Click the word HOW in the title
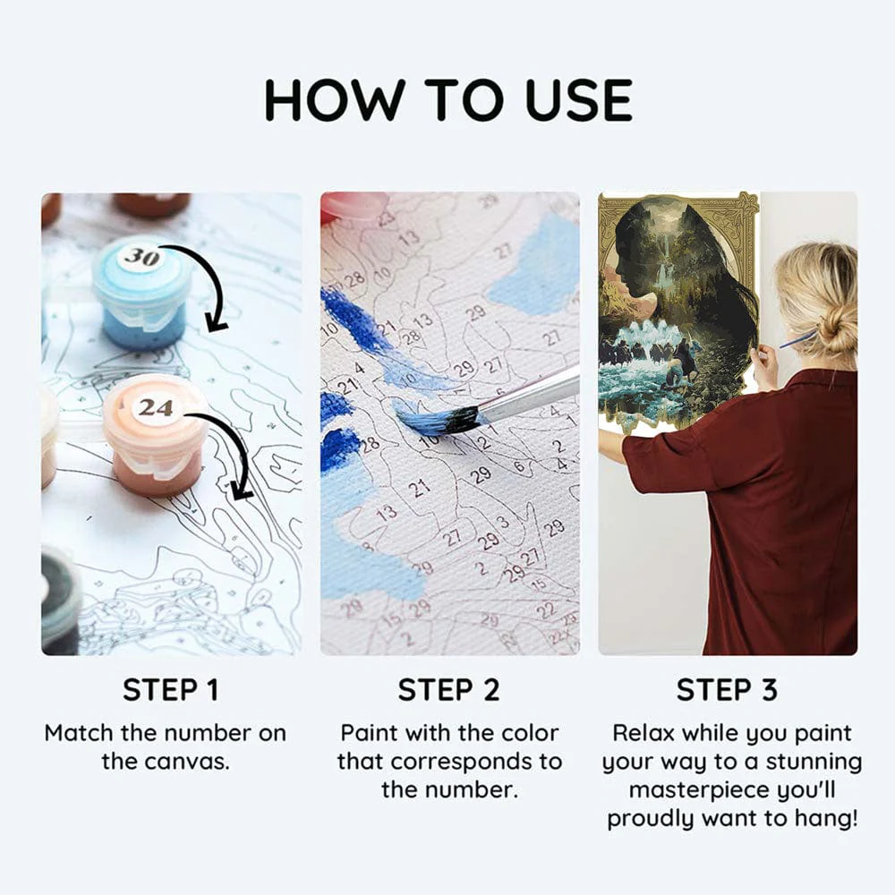335,100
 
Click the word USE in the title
579,100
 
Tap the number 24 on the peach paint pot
155,407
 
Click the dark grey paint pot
59,600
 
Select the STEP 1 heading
171,690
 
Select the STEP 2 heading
448,690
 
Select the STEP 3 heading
727,690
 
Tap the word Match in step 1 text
80,733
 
